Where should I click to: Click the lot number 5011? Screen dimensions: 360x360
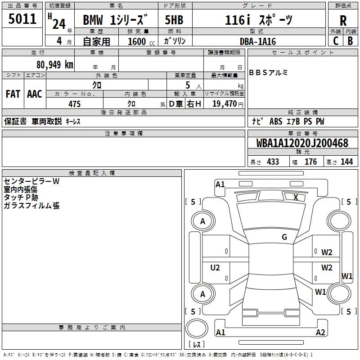22,18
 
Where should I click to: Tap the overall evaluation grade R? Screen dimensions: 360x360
343,20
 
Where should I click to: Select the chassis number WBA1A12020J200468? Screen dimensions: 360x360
302,144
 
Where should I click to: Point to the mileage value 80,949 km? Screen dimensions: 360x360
55,65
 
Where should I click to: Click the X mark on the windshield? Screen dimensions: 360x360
296,197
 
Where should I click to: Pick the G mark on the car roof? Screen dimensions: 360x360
284,237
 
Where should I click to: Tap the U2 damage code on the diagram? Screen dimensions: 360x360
215,268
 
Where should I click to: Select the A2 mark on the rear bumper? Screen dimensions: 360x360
320,333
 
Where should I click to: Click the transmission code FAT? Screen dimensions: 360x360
13,94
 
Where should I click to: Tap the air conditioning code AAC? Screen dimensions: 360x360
35,94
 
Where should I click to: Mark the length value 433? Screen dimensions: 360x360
273,162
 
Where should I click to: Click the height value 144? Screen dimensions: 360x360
346,162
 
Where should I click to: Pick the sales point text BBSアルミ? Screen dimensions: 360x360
268,73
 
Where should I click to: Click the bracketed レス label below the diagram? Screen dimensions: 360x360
198,344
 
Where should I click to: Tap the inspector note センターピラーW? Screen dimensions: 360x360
31,182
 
